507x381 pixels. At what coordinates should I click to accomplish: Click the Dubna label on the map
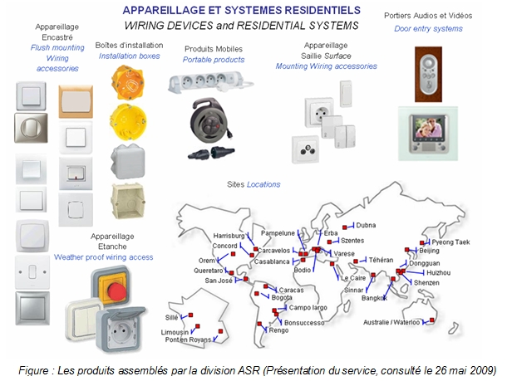[x=366, y=225]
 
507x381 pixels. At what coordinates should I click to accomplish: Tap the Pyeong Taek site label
[x=450, y=242]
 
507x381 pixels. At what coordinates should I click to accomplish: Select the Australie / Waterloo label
[x=391, y=322]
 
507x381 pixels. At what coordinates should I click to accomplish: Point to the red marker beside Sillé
[x=190, y=315]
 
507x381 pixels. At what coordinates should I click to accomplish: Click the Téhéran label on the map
[x=381, y=260]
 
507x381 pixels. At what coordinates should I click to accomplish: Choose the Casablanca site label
[x=272, y=261]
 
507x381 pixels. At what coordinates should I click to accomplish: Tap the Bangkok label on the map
[x=374, y=298]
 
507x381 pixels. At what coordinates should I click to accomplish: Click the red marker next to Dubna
[x=345, y=227]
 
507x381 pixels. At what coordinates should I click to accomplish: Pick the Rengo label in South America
[x=278, y=330]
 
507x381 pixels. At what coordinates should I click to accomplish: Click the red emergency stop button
[x=116, y=291]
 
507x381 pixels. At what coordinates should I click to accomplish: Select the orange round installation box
[x=127, y=82]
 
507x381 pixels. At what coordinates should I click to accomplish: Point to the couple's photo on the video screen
[x=428, y=128]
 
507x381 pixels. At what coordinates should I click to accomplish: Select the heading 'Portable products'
[x=214, y=60]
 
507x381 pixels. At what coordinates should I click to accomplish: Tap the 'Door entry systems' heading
[x=428, y=29]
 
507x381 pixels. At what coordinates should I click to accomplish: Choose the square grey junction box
[x=128, y=162]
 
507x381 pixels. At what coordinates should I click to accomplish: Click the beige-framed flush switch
[x=76, y=101]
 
